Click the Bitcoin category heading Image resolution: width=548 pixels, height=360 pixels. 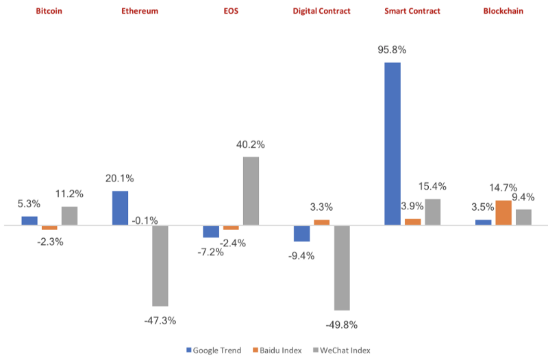click(x=49, y=11)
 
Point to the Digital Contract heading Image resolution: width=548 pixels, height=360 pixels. click(x=321, y=11)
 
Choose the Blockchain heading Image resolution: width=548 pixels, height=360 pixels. click(x=503, y=11)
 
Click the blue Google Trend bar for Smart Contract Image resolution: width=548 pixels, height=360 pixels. click(x=393, y=144)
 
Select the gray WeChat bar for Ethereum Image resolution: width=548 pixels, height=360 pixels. click(x=160, y=266)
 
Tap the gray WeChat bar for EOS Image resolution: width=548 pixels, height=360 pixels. click(x=251, y=191)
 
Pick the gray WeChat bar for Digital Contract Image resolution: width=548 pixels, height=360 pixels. click(x=342, y=268)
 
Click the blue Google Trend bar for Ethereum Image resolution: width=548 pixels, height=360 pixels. click(x=120, y=208)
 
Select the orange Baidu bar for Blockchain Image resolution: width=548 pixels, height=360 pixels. click(x=503, y=213)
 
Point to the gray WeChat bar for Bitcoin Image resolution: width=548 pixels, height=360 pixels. click(x=69, y=216)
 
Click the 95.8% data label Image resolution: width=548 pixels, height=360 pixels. click(x=393, y=50)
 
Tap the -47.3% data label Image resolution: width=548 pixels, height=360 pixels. click(x=160, y=320)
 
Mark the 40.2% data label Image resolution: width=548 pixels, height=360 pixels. click(x=251, y=144)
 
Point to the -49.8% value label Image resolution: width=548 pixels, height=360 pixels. click(x=342, y=324)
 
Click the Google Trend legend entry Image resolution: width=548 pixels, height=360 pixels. click(x=214, y=350)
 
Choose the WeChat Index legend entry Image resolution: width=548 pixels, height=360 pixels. click(x=342, y=350)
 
